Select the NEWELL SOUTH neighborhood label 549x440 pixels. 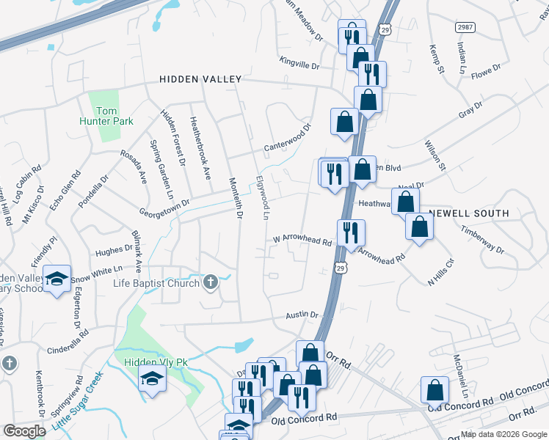(469, 213)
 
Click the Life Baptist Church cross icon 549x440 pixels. (211, 282)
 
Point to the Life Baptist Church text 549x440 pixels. (156, 283)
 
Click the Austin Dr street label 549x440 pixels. (302, 315)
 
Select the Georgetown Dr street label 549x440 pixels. (166, 205)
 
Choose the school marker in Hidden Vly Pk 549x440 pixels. (153, 378)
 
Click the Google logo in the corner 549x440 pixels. (24, 431)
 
